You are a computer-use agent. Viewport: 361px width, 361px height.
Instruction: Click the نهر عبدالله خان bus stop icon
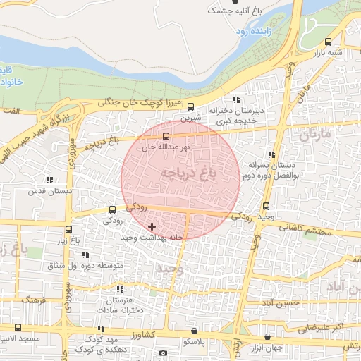(166, 135)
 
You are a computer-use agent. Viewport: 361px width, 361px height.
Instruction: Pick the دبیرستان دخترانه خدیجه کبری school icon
(235, 99)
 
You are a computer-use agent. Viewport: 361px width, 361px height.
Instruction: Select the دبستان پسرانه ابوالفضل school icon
(271, 154)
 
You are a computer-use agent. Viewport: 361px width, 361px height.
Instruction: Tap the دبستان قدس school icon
(49, 180)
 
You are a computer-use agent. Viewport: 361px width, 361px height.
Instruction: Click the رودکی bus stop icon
(112, 209)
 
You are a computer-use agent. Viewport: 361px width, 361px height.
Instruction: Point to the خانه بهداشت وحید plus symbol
(152, 226)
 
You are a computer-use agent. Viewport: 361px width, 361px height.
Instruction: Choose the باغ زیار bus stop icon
(68, 229)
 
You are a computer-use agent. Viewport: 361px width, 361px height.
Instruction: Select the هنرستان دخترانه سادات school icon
(120, 289)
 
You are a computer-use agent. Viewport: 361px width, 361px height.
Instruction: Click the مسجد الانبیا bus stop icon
(18, 327)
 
